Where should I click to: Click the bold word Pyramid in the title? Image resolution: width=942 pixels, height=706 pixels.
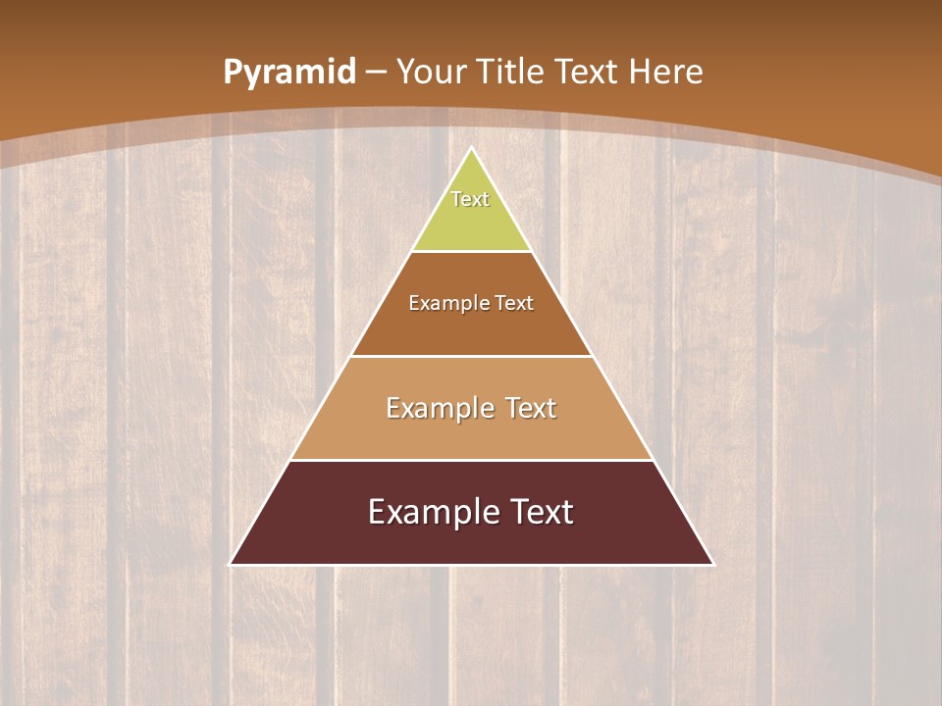point(289,73)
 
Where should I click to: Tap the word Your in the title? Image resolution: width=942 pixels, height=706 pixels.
point(431,73)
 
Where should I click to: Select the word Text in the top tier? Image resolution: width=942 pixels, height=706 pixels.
point(470,199)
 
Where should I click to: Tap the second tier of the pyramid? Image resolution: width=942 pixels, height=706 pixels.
point(471,328)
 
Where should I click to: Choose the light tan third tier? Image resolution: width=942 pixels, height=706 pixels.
point(471,435)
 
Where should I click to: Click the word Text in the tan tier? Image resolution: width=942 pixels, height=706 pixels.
point(531,408)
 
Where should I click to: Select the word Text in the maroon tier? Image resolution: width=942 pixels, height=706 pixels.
point(542,512)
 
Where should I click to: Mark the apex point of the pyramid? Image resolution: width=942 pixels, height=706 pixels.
point(472,148)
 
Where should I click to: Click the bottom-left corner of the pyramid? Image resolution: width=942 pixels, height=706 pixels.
point(231,564)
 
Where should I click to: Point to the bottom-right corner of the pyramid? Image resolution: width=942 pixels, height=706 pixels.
point(713,564)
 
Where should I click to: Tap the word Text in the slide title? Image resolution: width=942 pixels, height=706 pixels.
point(586,73)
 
